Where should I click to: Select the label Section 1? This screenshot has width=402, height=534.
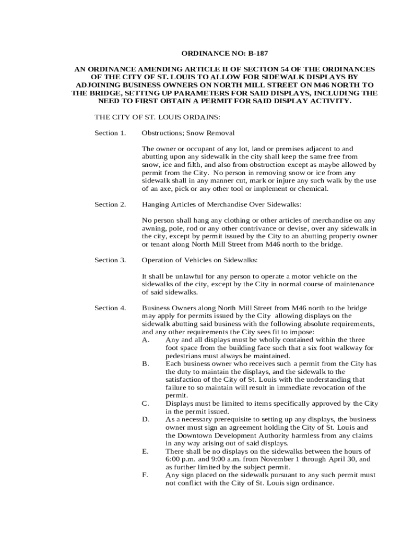click(110, 133)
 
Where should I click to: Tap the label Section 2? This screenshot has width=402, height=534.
click(110, 204)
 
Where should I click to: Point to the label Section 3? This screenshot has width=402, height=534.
click(110, 260)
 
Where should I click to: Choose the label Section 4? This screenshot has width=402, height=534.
click(110, 308)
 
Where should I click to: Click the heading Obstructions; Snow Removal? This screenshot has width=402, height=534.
click(188, 133)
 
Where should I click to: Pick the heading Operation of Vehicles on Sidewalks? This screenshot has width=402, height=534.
click(200, 260)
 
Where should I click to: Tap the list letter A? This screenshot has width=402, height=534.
click(146, 340)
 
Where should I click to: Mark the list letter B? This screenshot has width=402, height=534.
click(145, 364)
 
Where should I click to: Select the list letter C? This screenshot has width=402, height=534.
click(145, 404)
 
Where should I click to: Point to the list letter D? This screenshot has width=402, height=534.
click(146, 419)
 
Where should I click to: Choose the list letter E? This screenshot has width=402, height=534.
click(145, 451)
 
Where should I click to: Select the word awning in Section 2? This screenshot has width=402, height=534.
click(154, 228)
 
